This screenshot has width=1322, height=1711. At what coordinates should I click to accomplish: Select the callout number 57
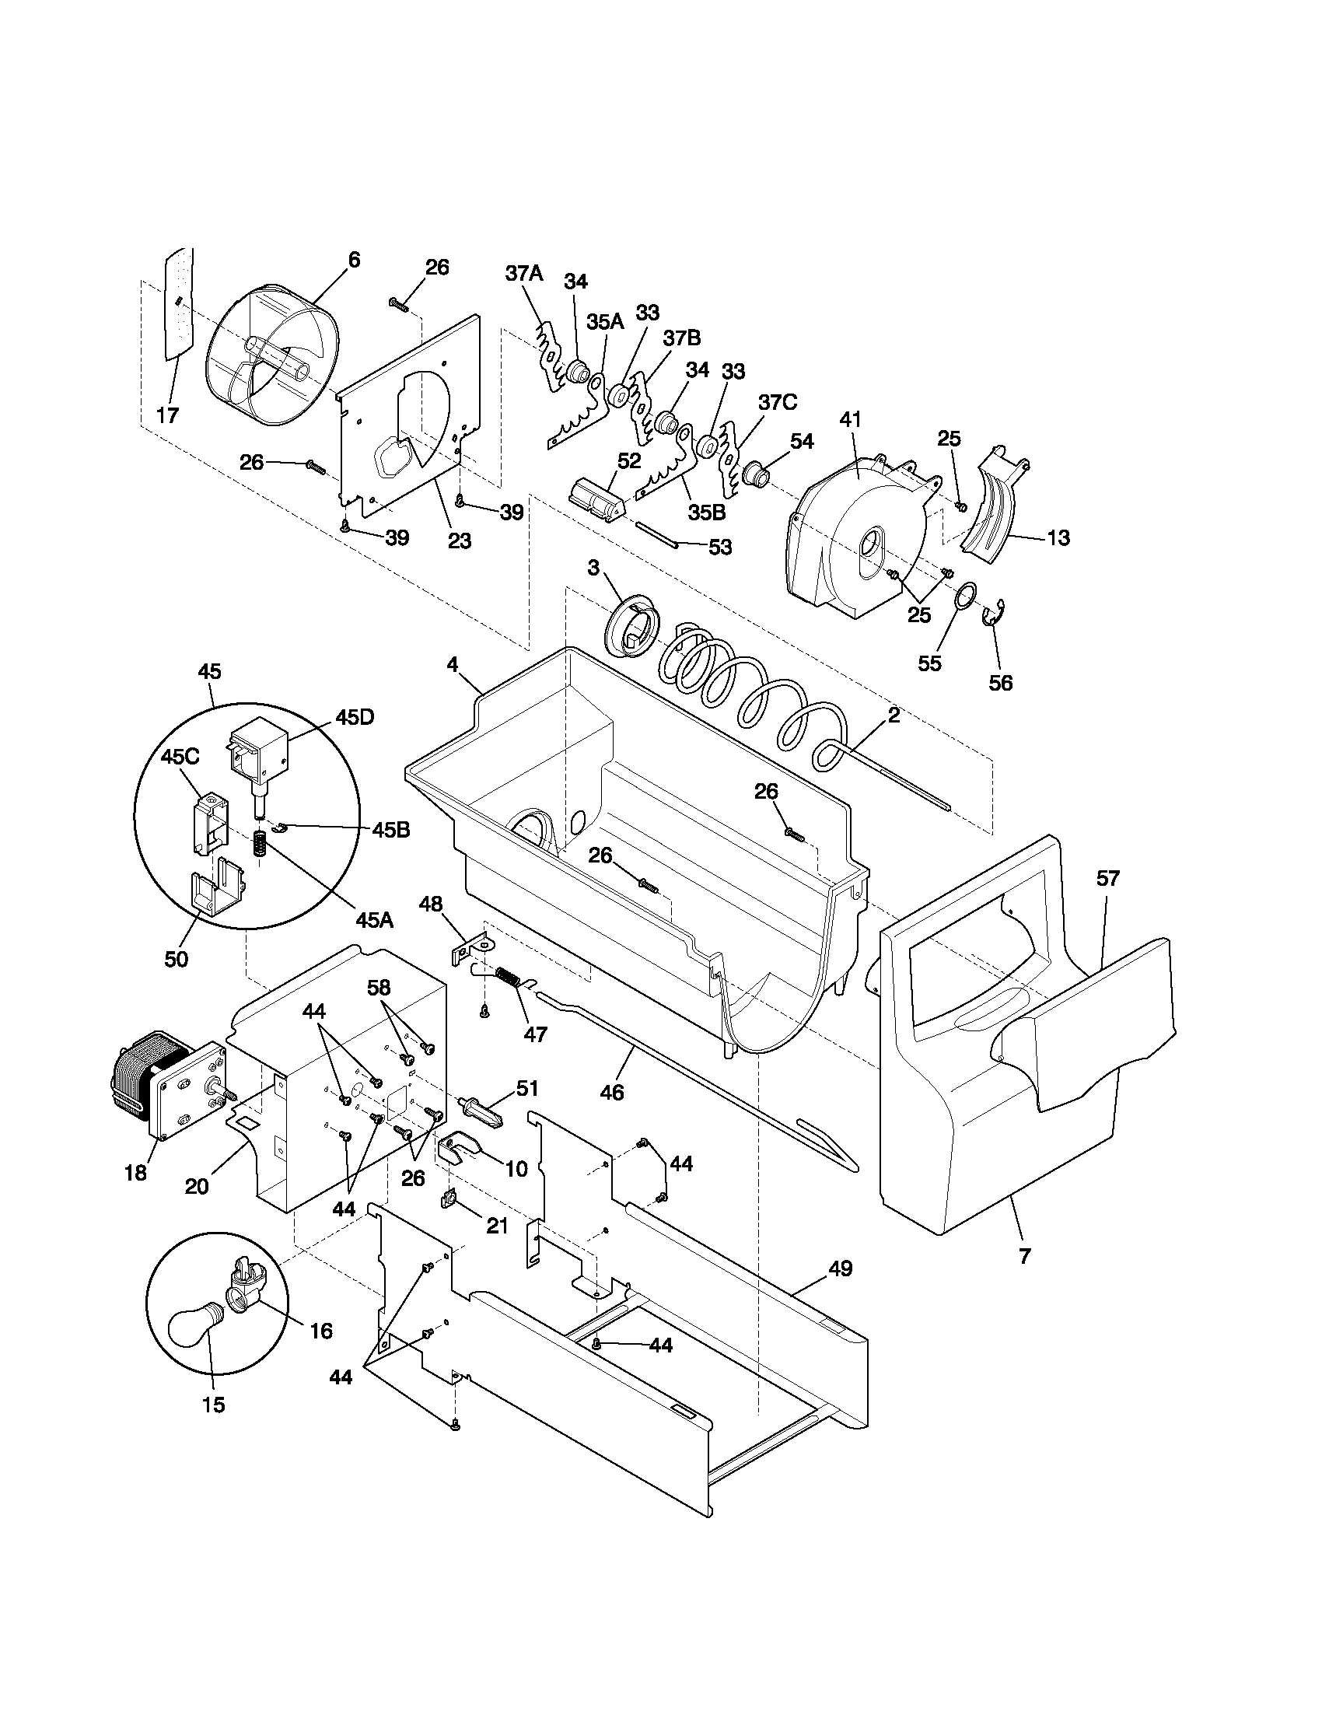[1107, 879]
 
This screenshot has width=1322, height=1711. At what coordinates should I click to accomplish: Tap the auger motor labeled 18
[167, 1089]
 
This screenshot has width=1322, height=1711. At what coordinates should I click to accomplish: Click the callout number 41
[851, 420]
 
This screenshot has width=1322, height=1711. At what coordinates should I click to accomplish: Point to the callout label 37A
[523, 274]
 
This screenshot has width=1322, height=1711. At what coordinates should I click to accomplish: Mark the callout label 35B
[705, 512]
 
